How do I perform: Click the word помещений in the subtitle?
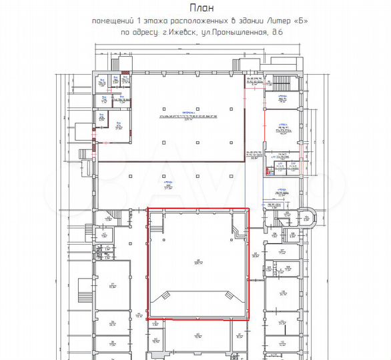[113, 21]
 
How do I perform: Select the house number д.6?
[278, 31]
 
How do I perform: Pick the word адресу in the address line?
[141, 31]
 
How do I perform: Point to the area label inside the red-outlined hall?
[198, 262]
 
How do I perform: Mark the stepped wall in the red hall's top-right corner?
[239, 231]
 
